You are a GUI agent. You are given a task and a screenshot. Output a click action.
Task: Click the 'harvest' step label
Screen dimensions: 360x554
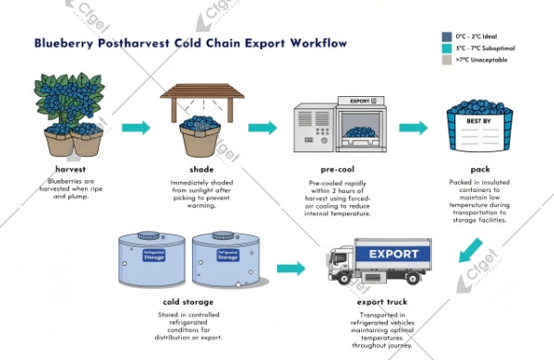72,172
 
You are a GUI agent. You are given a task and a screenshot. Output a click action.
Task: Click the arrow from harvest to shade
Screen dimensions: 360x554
135,127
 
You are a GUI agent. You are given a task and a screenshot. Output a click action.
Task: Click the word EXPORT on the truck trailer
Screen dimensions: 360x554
394,253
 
